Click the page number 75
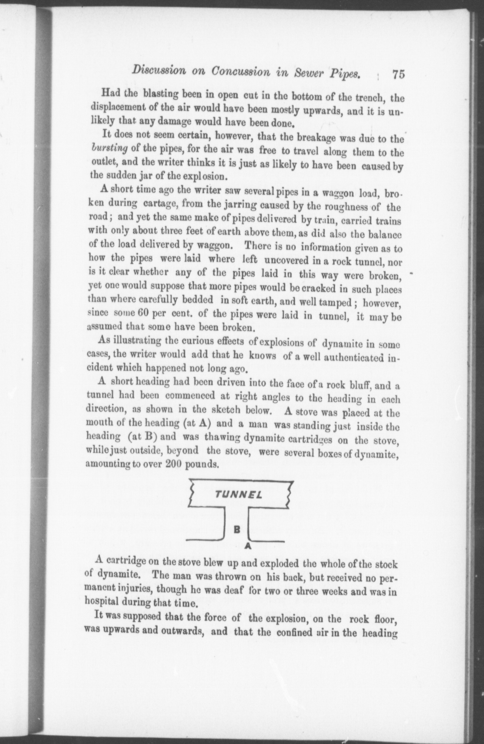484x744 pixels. tap(398, 74)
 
